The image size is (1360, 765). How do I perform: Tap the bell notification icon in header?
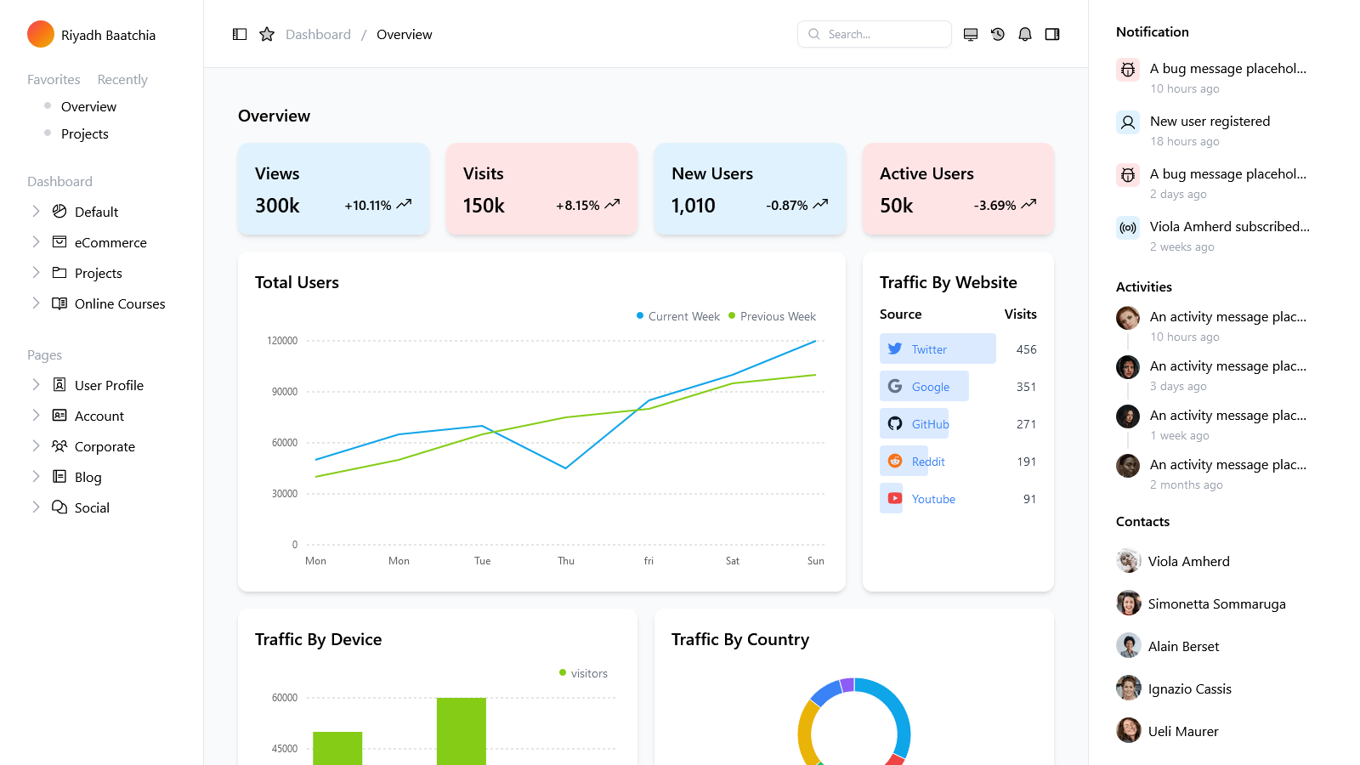coord(1025,34)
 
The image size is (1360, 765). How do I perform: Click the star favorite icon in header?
coord(267,34)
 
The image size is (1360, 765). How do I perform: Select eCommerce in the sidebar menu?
coord(110,242)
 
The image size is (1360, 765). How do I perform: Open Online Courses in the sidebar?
coord(120,303)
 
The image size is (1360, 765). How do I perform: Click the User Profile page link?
coord(109,385)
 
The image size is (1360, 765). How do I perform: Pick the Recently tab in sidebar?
coord(122,79)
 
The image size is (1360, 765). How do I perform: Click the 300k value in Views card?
coord(277,206)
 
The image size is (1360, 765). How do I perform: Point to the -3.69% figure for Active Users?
coord(994,206)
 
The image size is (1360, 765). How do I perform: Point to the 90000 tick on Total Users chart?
coord(285,392)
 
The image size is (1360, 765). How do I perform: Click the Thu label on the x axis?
coord(566,561)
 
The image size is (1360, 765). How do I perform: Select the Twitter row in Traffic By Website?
coord(937,349)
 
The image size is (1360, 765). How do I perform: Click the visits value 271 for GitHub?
coord(1026,424)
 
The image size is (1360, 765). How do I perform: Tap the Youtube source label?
coord(933,499)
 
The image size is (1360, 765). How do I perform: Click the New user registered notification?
coord(1210,122)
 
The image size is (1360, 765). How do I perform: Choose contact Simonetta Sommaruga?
coord(1216,604)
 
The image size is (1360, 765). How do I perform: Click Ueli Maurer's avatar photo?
coord(1129,730)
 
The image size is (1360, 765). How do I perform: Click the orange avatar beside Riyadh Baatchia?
coord(41,34)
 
